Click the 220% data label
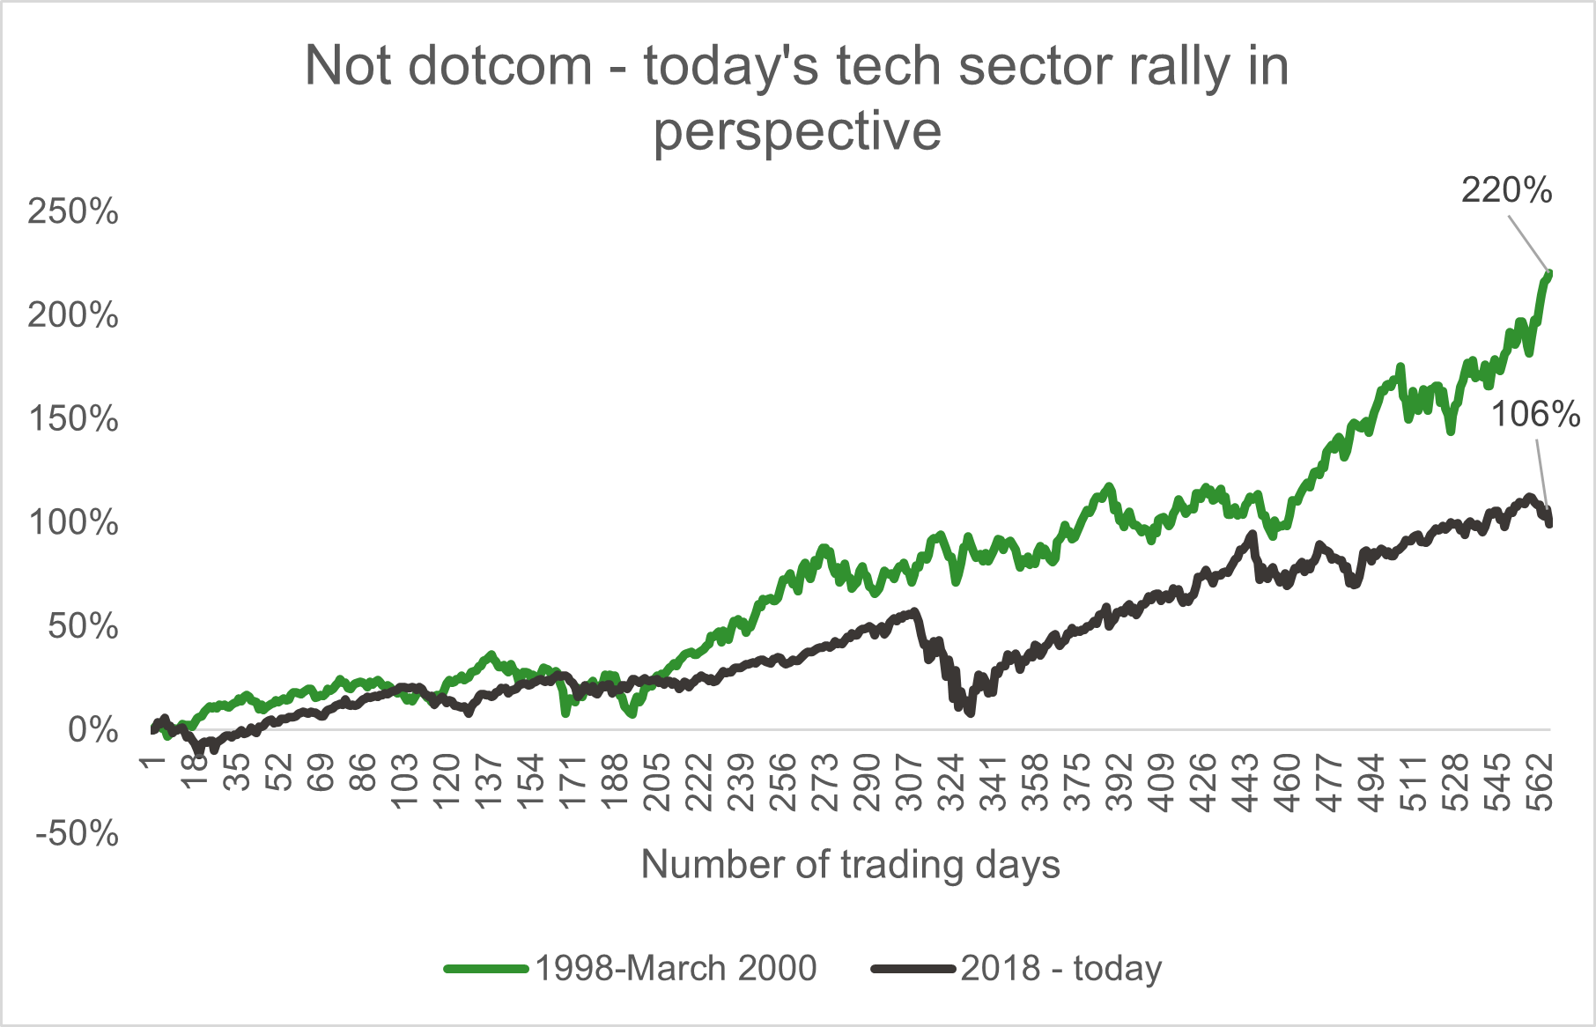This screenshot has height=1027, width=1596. pyautogui.click(x=1506, y=190)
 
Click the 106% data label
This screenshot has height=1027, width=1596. pyautogui.click(x=1535, y=414)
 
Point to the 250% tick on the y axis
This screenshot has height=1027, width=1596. pyautogui.click(x=73, y=211)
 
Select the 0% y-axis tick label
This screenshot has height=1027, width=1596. pyautogui.click(x=92, y=730)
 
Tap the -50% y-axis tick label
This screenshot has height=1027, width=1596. pyautogui.click(x=77, y=833)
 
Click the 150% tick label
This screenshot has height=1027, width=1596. pyautogui.click(x=73, y=419)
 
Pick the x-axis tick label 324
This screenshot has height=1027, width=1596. pyautogui.click(x=950, y=782)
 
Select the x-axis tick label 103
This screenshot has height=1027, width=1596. pyautogui.click(x=403, y=782)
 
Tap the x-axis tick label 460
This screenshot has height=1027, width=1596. pyautogui.click(x=1286, y=782)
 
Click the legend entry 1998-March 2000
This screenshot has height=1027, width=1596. pyautogui.click(x=676, y=968)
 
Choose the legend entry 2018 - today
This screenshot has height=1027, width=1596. pyautogui.click(x=1060, y=968)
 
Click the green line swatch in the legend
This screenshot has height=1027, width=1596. pyautogui.click(x=486, y=969)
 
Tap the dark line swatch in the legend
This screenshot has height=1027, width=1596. pyautogui.click(x=913, y=969)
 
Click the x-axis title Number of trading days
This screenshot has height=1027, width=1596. pyautogui.click(x=850, y=864)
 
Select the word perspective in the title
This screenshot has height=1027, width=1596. pyautogui.click(x=797, y=132)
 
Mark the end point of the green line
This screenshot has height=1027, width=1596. pyautogui.click(x=1549, y=273)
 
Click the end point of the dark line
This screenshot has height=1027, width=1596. pyautogui.click(x=1549, y=523)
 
